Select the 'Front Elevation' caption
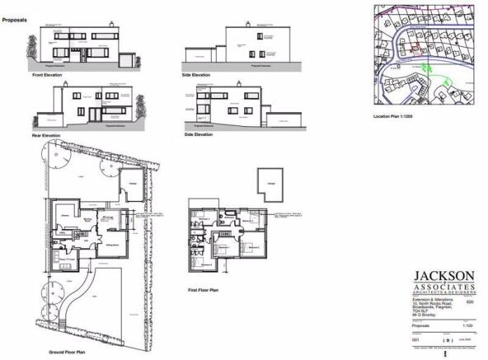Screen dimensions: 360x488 point(47,74)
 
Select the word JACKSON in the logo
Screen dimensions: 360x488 point(443,274)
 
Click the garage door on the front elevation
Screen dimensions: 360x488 point(126,62)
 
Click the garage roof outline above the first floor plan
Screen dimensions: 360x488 point(267,184)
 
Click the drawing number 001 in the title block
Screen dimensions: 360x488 point(416,339)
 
